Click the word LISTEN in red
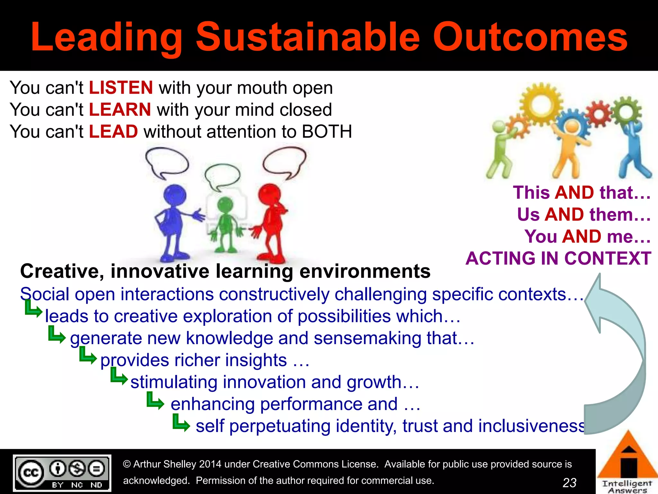(x=121, y=88)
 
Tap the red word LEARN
(x=120, y=110)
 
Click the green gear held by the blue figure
(x=626, y=112)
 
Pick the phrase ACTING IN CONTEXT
(x=558, y=258)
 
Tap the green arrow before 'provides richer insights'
(x=87, y=356)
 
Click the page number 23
(x=569, y=482)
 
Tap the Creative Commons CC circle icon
(x=31, y=472)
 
